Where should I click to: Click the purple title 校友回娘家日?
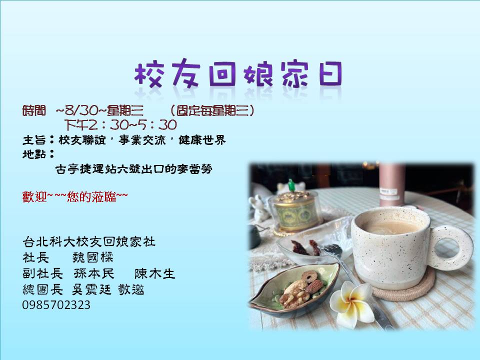[x=238, y=74]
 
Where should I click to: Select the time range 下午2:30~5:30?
[x=120, y=125]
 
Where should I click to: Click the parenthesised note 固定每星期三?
[x=212, y=110]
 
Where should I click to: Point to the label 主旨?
[x=34, y=140]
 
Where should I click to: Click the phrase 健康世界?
[x=202, y=140]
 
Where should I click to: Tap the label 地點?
[x=34, y=154]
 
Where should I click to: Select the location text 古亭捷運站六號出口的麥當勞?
[x=134, y=169]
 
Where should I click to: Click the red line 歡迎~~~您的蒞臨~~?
[x=75, y=197]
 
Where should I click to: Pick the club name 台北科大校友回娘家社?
[x=89, y=242]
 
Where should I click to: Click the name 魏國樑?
[x=93, y=257]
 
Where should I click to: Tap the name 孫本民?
[x=94, y=273]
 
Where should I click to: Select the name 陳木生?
[x=154, y=273]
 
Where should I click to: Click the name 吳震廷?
[x=91, y=289]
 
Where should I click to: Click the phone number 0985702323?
[x=56, y=305]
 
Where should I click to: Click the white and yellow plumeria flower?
[x=351, y=304]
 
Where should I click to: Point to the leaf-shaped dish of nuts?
[x=294, y=289]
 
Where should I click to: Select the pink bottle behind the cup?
[x=392, y=184]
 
